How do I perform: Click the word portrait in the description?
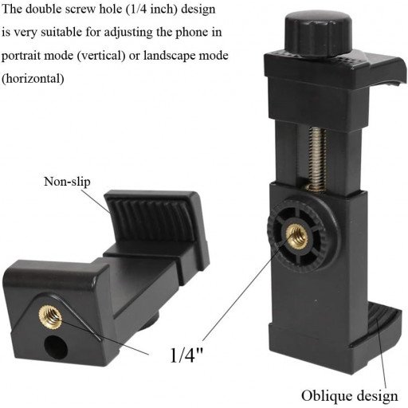point(22,59)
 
